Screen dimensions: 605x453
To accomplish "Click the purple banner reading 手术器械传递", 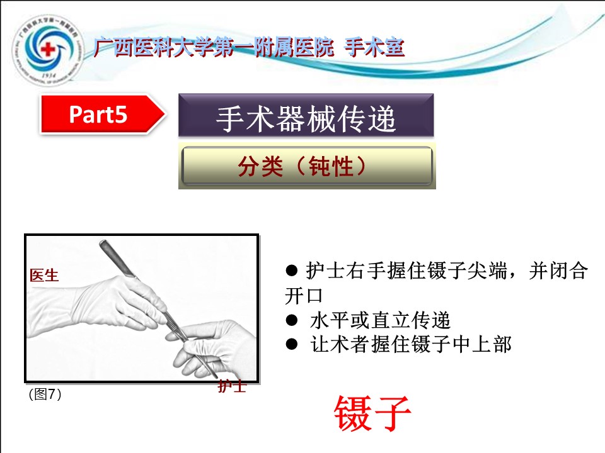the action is coord(306,115).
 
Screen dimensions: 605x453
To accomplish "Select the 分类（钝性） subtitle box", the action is coord(307,165).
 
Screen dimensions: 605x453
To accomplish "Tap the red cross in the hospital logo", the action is coord(49,49).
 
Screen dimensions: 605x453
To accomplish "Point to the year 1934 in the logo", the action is coord(49,75).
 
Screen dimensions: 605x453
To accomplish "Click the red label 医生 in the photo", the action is coord(44,276).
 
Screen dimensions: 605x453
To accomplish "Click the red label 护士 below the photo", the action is coord(232,386).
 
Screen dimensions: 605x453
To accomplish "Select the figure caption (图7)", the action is coord(45,394).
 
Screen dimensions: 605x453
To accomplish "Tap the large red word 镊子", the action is coord(372,414).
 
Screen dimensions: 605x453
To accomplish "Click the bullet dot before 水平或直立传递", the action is coord(292,320).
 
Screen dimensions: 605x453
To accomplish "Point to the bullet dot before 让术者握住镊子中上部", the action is coord(292,344).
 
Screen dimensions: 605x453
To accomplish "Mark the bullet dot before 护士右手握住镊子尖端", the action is coord(292,270).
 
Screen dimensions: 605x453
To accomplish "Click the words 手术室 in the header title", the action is coord(374,48).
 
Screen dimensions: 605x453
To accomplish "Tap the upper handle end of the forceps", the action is coord(103,243).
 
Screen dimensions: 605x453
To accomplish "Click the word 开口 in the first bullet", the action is coord(304,296).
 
